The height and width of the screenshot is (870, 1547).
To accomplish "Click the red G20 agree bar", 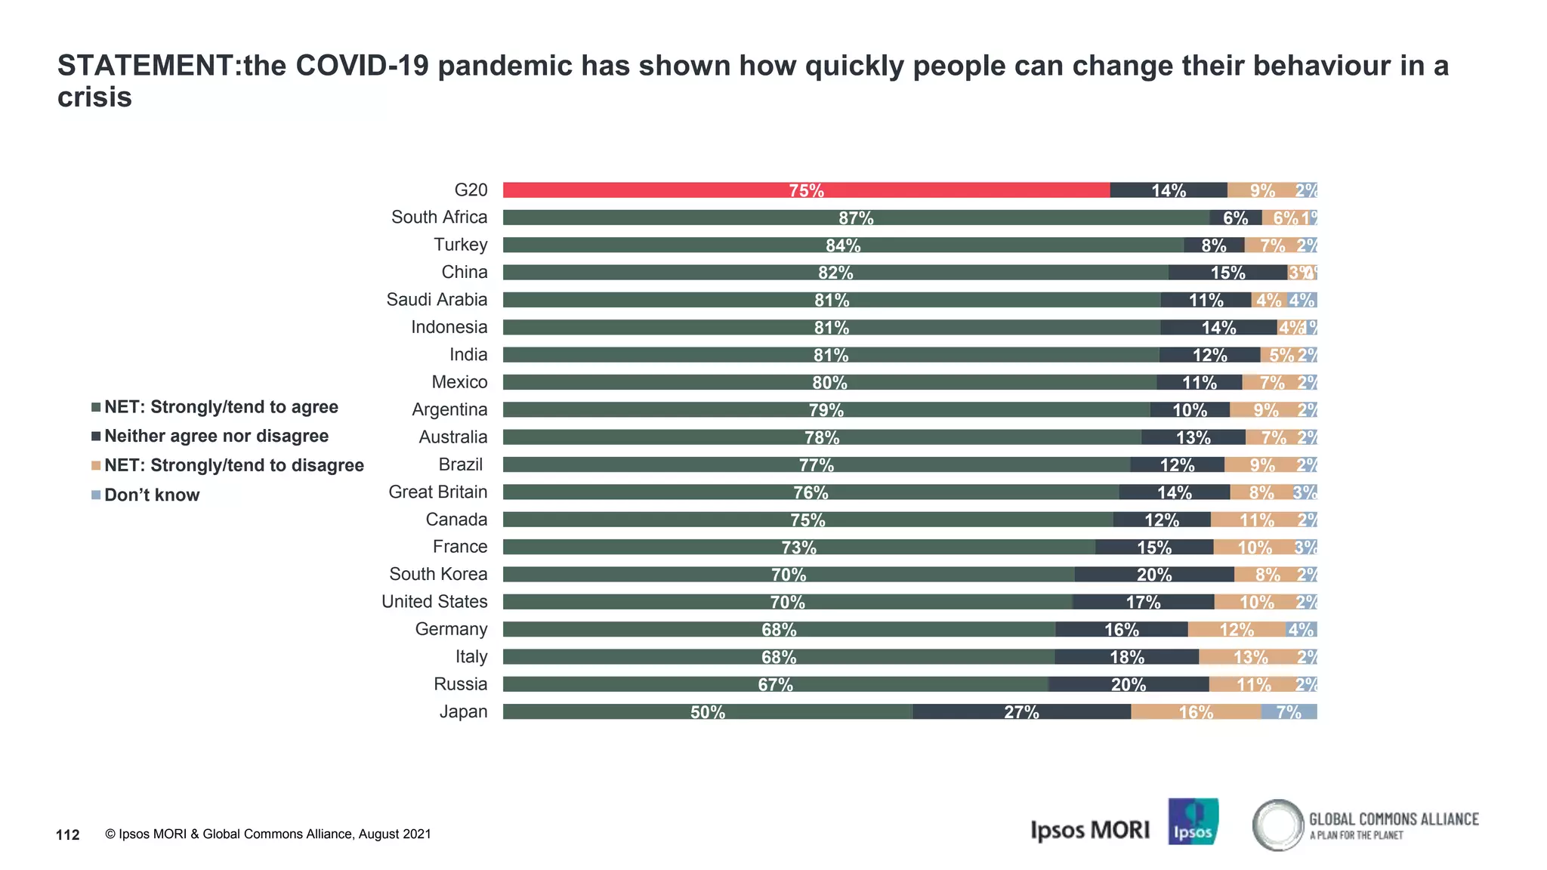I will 806,190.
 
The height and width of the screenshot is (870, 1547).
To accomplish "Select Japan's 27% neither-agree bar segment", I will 1021,712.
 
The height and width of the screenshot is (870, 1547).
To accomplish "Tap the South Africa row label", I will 439,217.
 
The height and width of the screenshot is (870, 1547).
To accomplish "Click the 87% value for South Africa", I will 856,218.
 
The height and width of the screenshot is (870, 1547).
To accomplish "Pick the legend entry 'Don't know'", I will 151,495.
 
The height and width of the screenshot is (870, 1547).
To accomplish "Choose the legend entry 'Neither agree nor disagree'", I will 216,437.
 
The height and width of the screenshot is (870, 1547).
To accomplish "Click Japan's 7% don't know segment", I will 1289,712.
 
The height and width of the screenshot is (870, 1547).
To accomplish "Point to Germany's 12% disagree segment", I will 1237,630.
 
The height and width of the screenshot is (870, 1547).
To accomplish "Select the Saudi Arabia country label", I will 437,300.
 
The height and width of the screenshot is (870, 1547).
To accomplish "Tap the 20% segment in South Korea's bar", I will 1154,575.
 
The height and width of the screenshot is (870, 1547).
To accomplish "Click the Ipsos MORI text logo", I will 1089,830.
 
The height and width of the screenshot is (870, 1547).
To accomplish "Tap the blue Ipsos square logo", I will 1193,822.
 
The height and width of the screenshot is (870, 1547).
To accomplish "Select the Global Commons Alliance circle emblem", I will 1278,825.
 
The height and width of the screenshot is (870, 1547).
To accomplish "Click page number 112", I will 68,835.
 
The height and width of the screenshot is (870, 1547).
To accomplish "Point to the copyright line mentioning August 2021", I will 268,835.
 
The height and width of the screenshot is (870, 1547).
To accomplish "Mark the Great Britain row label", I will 437,492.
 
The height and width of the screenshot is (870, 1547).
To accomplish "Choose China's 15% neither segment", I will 1227,273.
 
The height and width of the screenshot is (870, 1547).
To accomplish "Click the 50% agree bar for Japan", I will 708,712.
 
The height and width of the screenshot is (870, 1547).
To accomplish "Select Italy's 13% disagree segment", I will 1250,657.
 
